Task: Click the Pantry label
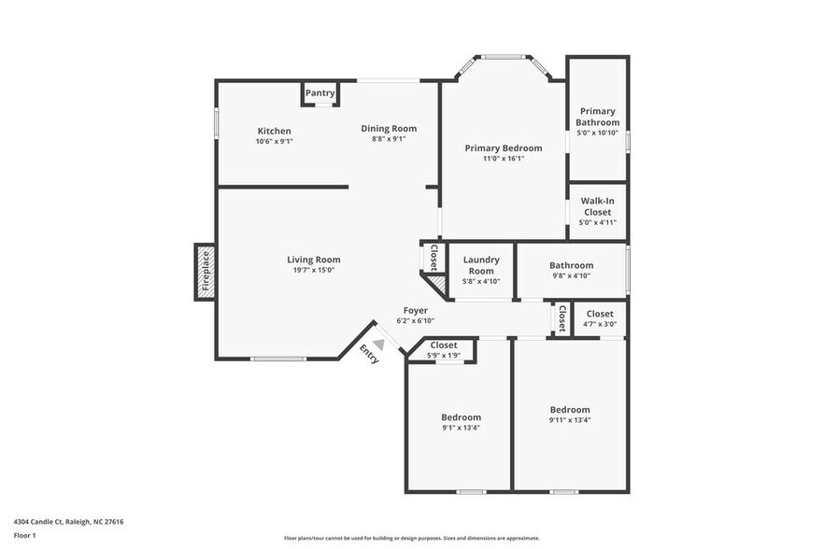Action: (x=320, y=92)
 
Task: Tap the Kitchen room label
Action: (x=274, y=131)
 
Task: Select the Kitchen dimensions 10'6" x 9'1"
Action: (x=274, y=142)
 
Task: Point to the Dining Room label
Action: (x=389, y=128)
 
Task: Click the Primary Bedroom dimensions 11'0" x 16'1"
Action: (x=503, y=159)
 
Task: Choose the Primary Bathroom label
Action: (x=597, y=117)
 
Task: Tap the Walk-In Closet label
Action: (x=597, y=206)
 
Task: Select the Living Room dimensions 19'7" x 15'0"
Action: (x=313, y=271)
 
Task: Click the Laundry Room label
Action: (x=481, y=265)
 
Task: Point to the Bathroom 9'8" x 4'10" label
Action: (x=571, y=265)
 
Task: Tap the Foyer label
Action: (x=415, y=310)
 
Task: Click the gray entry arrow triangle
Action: (x=379, y=344)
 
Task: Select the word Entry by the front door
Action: (x=369, y=354)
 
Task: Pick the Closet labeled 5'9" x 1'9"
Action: (x=444, y=345)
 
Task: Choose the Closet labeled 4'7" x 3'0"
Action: (x=599, y=314)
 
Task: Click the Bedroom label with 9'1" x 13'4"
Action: (x=461, y=417)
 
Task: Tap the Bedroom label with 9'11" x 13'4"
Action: (x=570, y=410)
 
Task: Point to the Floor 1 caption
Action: (x=24, y=535)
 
